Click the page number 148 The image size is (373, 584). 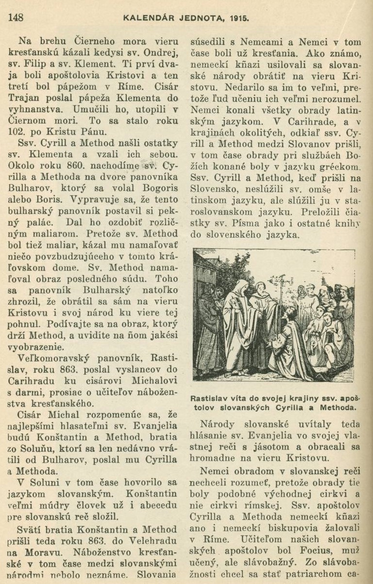16,18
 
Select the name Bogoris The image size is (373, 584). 144,189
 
